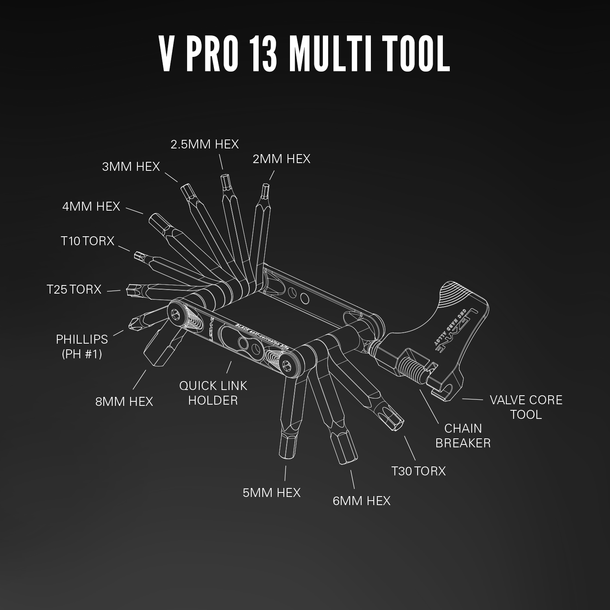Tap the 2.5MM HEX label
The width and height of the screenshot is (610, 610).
click(x=205, y=144)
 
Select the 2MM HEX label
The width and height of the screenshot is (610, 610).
click(x=281, y=159)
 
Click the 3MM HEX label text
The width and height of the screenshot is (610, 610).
click(x=131, y=167)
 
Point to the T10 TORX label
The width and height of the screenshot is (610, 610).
click(x=87, y=241)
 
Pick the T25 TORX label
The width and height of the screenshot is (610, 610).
click(x=74, y=290)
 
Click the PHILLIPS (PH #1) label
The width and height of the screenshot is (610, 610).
click(x=82, y=346)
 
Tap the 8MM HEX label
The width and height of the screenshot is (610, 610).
click(x=124, y=402)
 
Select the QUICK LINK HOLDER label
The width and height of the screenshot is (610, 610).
click(x=213, y=393)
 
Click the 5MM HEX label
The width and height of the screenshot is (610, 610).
click(x=271, y=493)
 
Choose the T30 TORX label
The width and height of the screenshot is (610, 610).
click(x=418, y=471)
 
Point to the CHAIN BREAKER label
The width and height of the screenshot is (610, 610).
click(x=463, y=436)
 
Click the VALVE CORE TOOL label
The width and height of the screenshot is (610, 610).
click(x=526, y=407)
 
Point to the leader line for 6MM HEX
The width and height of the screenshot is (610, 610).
click(x=352, y=479)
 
